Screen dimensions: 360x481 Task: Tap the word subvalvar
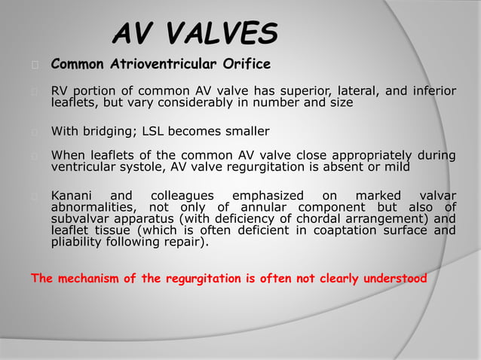pyautogui.click(x=79, y=219)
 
